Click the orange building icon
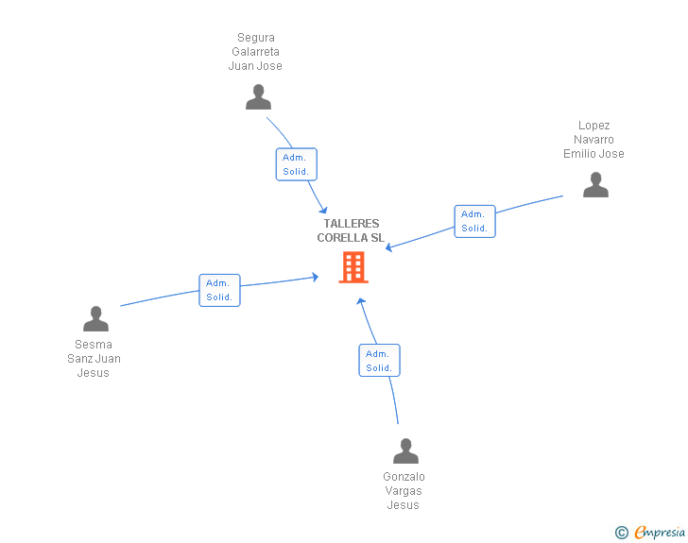[353, 267]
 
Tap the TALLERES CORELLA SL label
[351, 230]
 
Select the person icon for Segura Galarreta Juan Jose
[258, 97]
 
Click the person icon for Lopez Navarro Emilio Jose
[595, 185]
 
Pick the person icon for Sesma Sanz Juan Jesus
[95, 319]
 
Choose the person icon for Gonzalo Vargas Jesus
[405, 451]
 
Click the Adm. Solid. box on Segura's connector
[296, 164]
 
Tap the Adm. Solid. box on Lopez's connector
[474, 221]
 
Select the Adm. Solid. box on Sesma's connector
[219, 290]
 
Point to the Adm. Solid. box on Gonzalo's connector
[379, 361]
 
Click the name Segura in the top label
[256, 39]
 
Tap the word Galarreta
[256, 52]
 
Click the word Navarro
[593, 140]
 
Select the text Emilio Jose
[593, 154]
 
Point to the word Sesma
[94, 345]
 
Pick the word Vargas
[404, 491]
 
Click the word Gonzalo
[404, 477]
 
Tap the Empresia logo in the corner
[660, 532]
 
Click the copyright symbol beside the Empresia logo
[622, 533]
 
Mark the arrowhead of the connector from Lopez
[388, 248]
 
